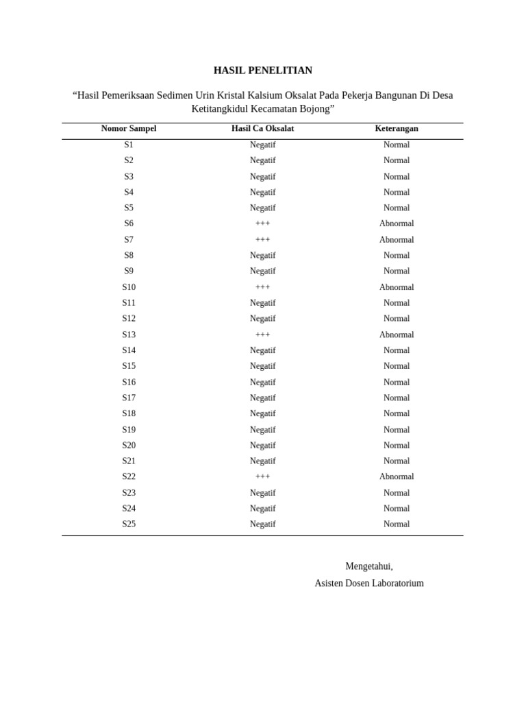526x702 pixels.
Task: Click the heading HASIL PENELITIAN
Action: tap(262, 71)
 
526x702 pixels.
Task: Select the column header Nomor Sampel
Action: tap(129, 128)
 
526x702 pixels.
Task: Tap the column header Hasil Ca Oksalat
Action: tap(262, 128)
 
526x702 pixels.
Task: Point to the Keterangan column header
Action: tap(397, 128)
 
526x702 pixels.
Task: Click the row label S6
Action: tap(129, 223)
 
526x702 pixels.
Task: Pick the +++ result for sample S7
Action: tap(262, 240)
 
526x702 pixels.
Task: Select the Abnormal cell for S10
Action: tap(397, 287)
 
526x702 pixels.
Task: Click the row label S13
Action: tap(129, 335)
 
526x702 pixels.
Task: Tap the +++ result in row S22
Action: tap(262, 476)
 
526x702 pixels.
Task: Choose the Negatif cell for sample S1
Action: tap(262, 145)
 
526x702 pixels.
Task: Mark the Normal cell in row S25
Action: tap(397, 524)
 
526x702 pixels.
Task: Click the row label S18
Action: tap(129, 413)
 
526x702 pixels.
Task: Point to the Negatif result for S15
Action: tap(262, 366)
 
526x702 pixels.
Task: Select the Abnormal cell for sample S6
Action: tap(397, 223)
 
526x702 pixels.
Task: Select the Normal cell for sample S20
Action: tap(397, 445)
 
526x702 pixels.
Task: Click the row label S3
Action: tap(129, 176)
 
